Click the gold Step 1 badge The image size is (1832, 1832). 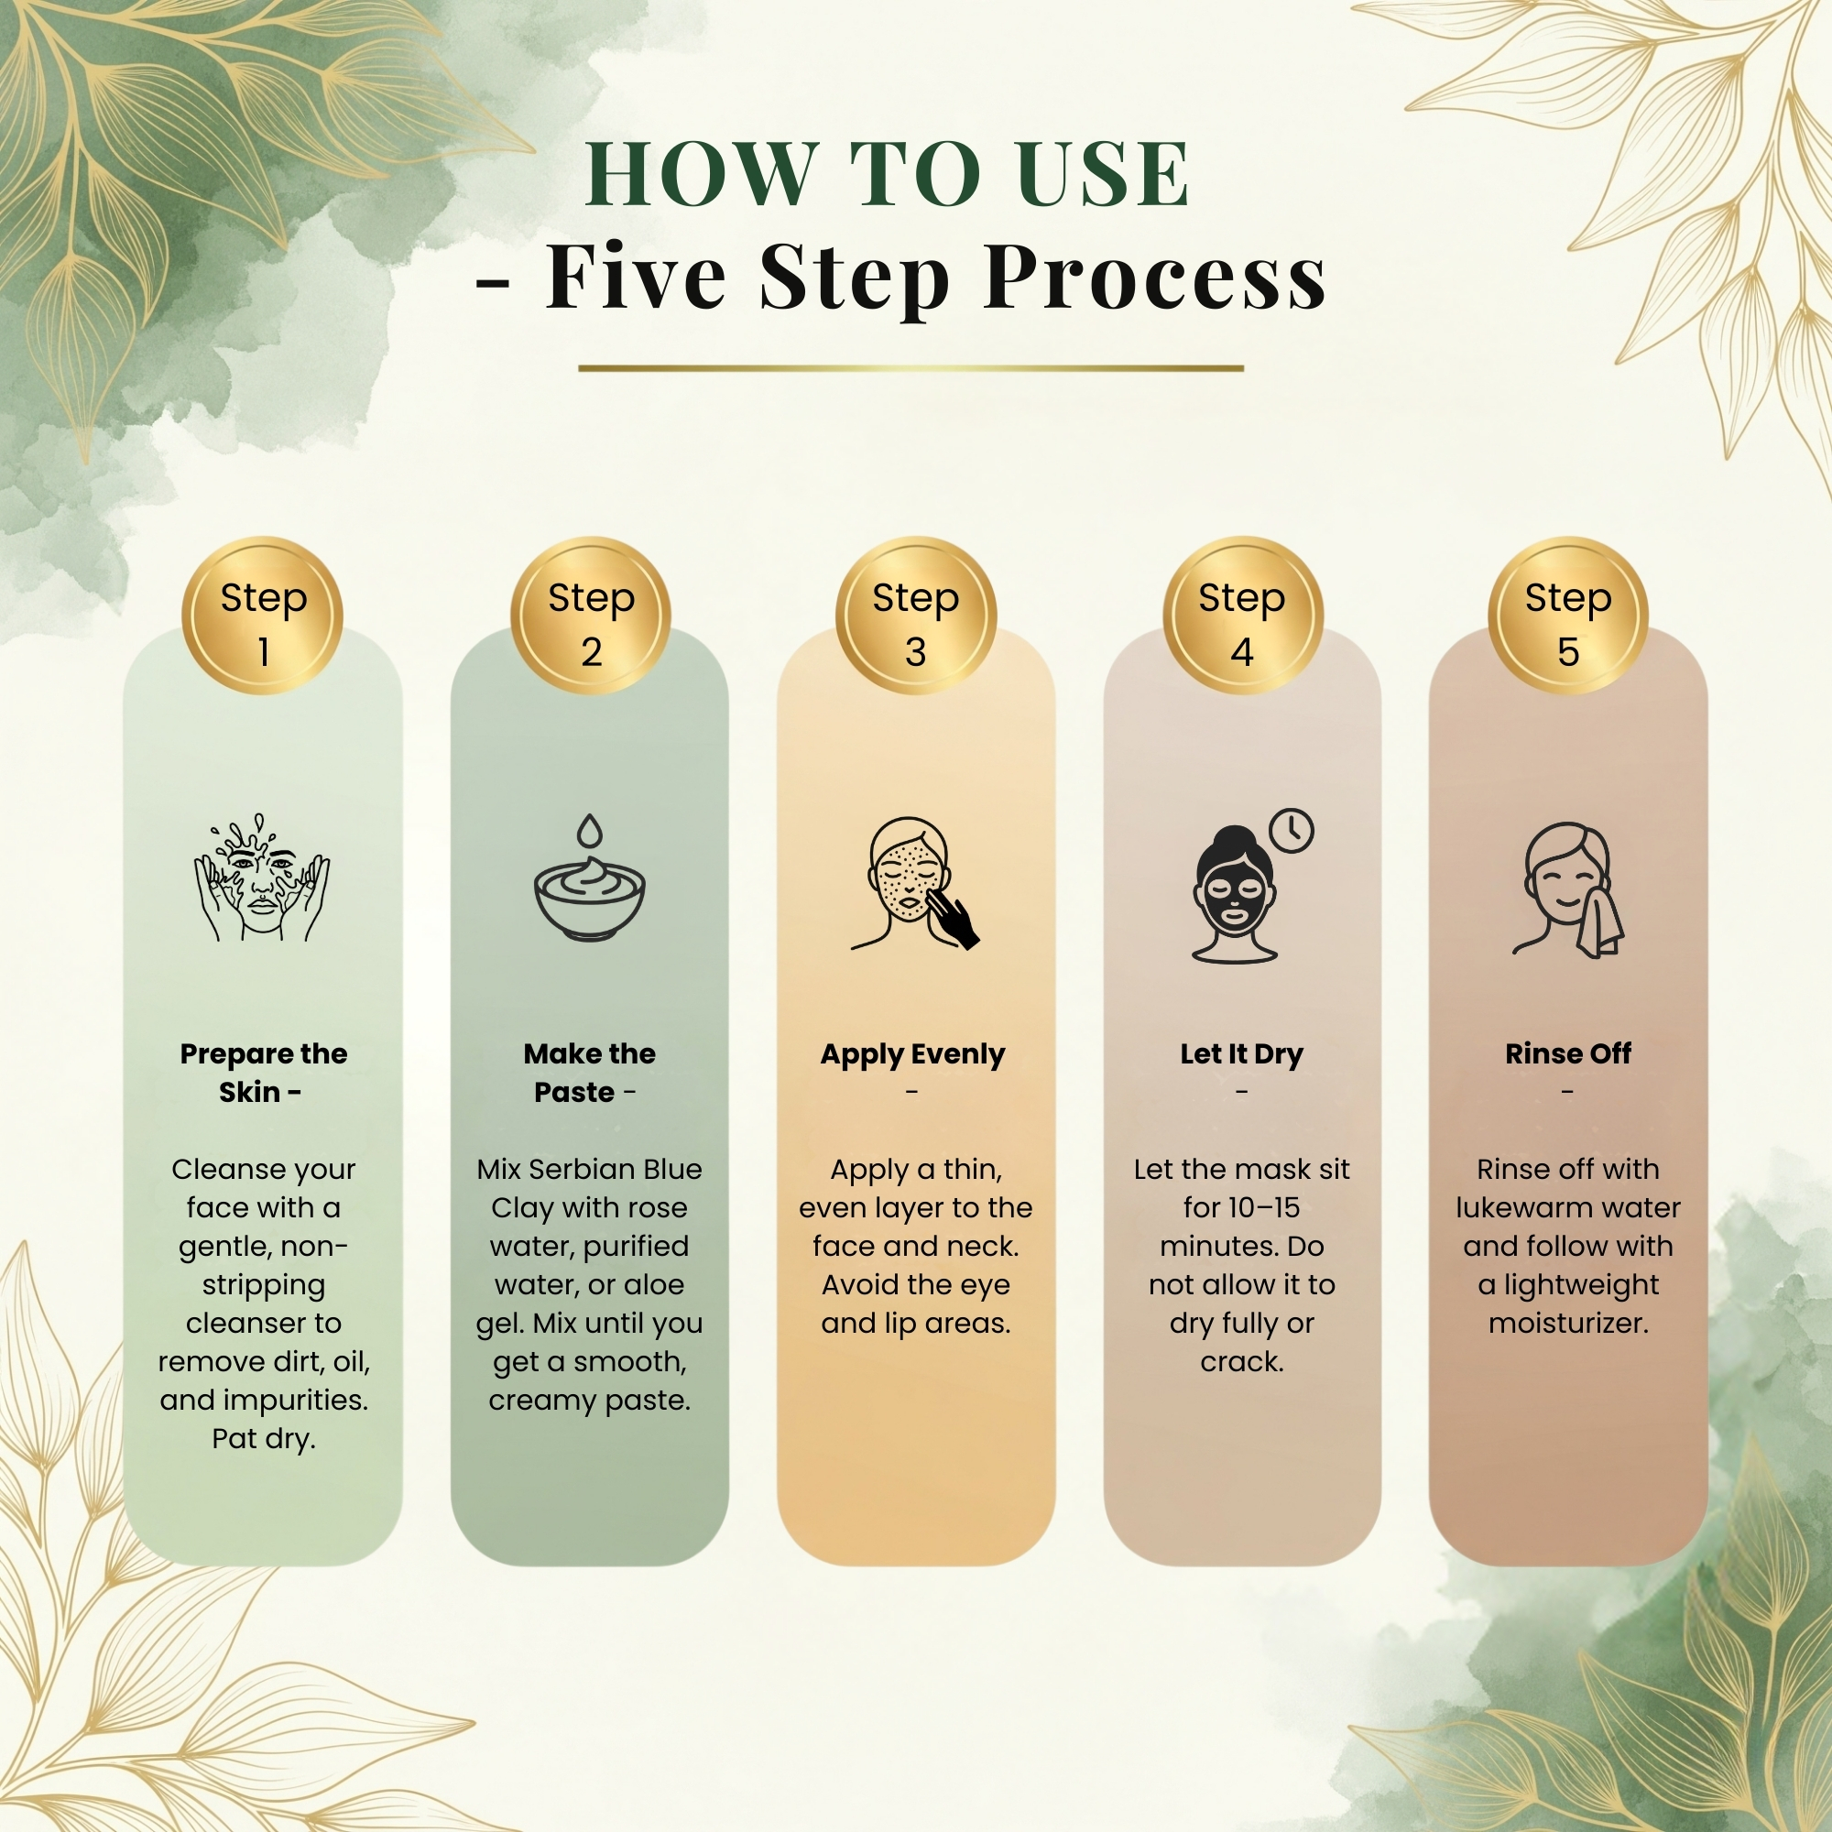263,616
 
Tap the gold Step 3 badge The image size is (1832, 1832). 915,616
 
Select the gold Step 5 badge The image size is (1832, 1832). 1567,616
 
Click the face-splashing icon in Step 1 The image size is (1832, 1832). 263,878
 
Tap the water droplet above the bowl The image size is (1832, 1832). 590,831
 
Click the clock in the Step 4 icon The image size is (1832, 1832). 1292,832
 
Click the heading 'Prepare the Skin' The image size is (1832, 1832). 264,1074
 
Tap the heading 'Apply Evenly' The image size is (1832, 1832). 912,1054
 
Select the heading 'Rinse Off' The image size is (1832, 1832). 1568,1053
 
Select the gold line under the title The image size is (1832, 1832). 911,368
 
